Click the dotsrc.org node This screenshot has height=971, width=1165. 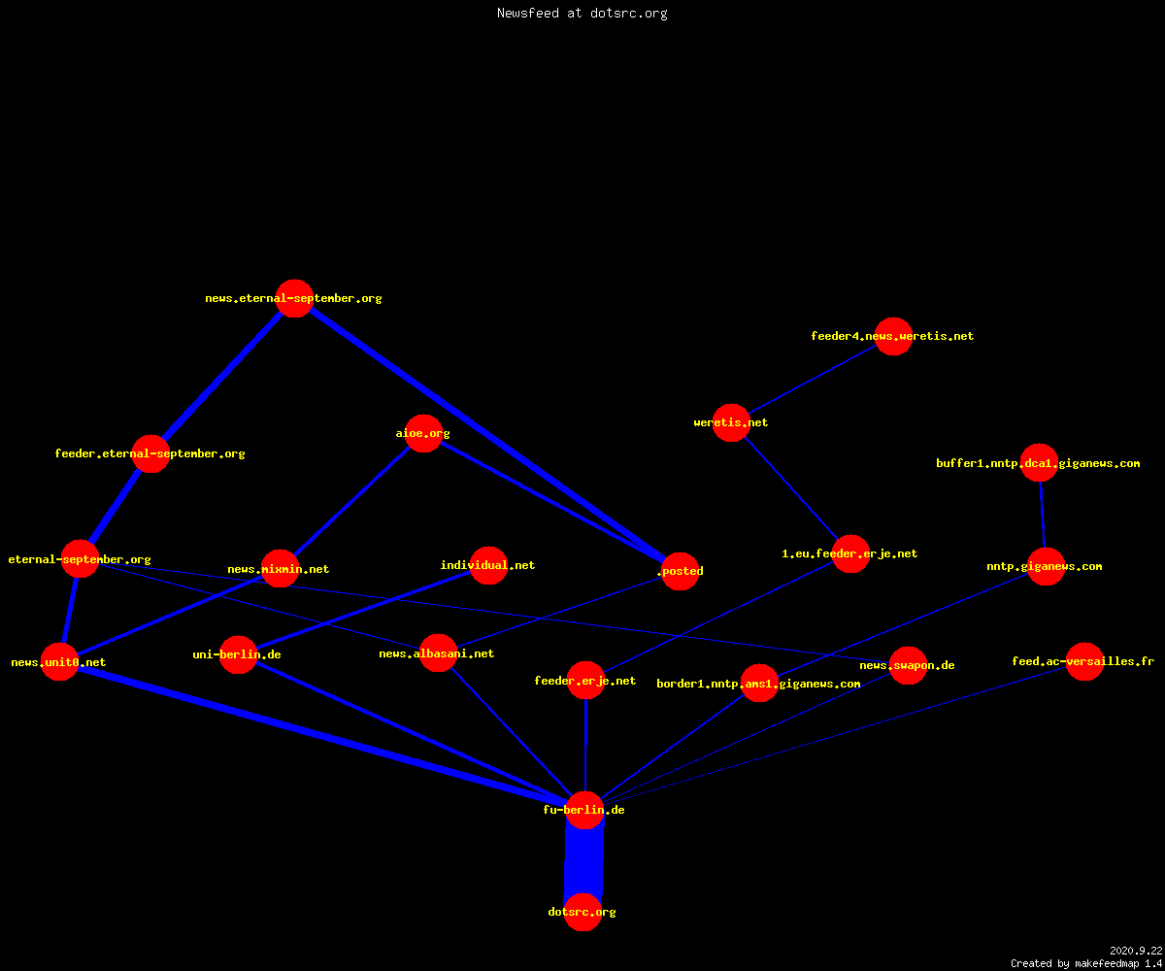(x=582, y=912)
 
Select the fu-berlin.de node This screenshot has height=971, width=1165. (x=584, y=810)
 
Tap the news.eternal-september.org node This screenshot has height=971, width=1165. (x=294, y=298)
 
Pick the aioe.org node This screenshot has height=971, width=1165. (x=423, y=434)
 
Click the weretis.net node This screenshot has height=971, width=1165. (x=731, y=423)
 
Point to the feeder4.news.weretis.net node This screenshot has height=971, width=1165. (x=893, y=337)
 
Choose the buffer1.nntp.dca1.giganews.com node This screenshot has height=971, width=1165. (x=1039, y=463)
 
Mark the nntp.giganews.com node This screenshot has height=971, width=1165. (x=1047, y=566)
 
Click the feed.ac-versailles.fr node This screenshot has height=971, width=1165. (x=1084, y=662)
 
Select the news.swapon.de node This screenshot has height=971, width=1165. (x=908, y=666)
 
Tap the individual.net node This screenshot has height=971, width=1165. (x=488, y=565)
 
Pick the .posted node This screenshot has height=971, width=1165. (x=681, y=572)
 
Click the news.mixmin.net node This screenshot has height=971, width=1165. (x=280, y=569)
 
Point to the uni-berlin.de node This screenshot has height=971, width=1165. (x=238, y=654)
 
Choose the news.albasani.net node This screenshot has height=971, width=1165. (x=438, y=653)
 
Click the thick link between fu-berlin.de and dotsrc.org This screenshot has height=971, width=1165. (x=583, y=861)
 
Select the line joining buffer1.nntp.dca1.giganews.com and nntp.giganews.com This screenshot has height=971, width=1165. (x=1043, y=515)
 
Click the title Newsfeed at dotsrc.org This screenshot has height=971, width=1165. (x=582, y=14)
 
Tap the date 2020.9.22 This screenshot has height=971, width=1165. (x=1136, y=951)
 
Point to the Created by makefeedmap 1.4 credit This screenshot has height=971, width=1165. (x=1086, y=964)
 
